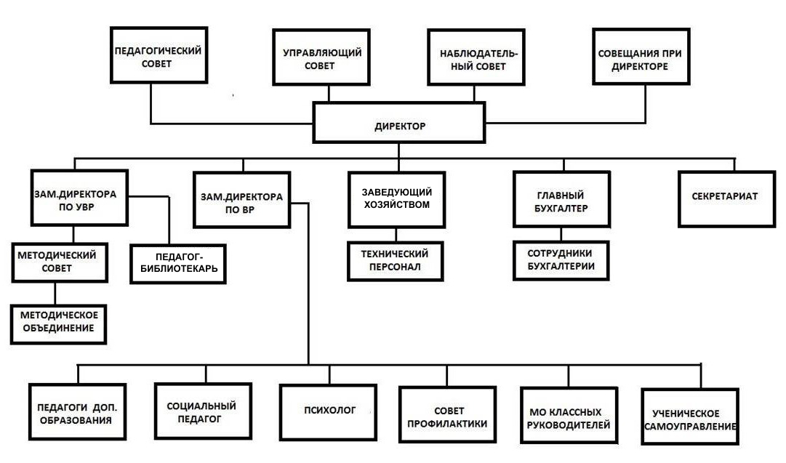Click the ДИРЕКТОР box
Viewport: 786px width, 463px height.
tap(399, 123)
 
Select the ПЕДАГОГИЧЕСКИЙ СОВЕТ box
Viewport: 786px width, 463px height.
tap(159, 55)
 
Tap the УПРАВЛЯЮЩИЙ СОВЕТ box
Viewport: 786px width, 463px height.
tap(321, 57)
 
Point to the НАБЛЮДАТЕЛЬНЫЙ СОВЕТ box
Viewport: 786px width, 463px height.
tap(476, 57)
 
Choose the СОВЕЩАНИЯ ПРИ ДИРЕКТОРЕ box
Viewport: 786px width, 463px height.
tap(641, 57)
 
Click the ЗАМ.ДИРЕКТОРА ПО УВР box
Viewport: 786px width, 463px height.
tap(79, 198)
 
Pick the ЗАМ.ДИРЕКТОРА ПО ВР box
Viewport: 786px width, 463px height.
tap(241, 200)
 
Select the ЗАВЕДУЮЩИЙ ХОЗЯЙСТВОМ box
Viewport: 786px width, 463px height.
tap(396, 200)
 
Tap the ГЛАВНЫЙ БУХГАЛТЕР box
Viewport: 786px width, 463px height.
tap(561, 199)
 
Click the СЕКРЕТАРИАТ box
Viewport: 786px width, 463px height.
tap(727, 199)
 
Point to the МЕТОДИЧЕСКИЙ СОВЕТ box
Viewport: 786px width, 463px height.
tap(60, 262)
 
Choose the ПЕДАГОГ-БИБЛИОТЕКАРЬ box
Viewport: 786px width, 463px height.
tap(178, 264)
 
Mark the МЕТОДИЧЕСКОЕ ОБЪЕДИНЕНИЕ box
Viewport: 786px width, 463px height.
tap(59, 324)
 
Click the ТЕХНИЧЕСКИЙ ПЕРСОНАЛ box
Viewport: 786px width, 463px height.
tap(396, 261)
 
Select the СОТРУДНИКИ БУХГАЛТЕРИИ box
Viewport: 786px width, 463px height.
tap(561, 260)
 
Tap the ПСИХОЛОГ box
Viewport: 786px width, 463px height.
tap(329, 412)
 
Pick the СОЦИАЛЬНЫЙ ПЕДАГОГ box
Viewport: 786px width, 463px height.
tap(203, 411)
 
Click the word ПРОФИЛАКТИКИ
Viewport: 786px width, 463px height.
tap(447, 424)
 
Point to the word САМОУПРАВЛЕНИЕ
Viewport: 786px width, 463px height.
tap(690, 427)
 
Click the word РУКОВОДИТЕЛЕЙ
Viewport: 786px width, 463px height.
tap(569, 425)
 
